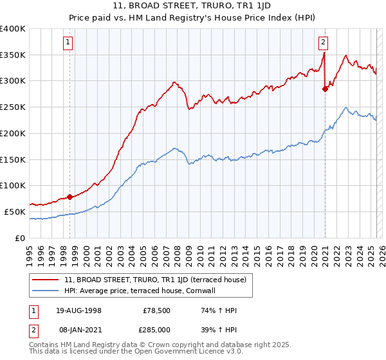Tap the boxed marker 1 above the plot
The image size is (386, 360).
point(68,43)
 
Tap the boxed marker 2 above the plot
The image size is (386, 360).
point(323,43)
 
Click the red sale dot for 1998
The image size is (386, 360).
point(69,197)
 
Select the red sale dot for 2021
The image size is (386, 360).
point(325,89)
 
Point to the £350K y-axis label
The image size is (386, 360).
point(13,55)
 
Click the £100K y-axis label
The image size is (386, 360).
point(13,186)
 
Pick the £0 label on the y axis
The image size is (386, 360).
point(21,238)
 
